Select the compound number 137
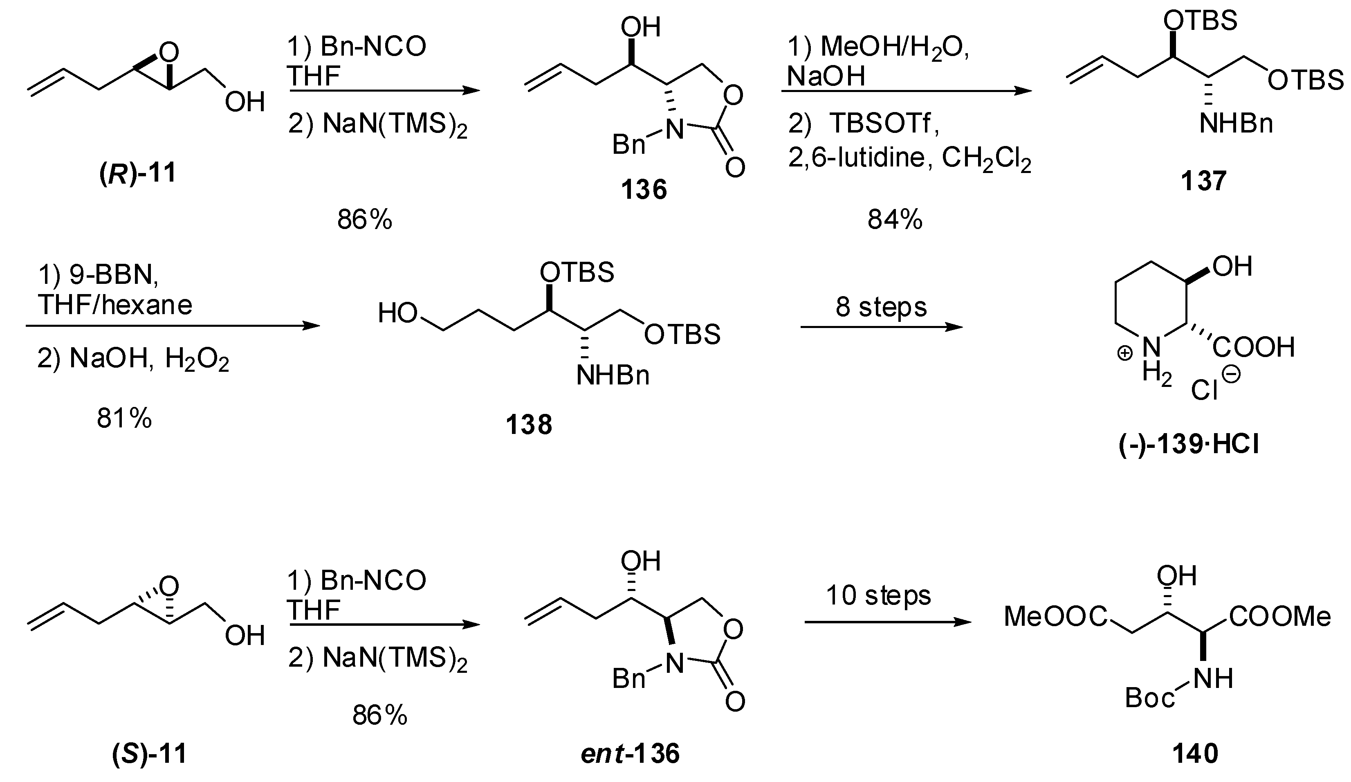coord(1203,181)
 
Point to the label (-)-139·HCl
coord(1189,445)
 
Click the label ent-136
coord(630,753)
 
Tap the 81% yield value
coord(124,418)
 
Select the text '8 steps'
coord(881,307)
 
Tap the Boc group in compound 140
coord(1149,698)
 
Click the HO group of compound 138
coord(397,313)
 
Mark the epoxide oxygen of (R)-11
coord(169,52)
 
